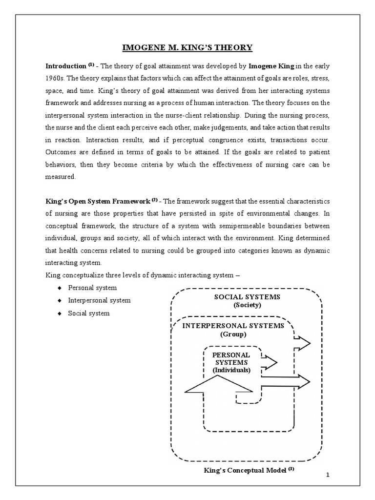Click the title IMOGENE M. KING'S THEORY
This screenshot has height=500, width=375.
187,47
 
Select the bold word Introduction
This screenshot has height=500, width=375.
66,65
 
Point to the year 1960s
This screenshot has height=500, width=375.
55,78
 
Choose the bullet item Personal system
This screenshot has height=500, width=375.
92,288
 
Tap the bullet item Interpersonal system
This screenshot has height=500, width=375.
99,300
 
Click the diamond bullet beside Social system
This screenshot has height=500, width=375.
59,313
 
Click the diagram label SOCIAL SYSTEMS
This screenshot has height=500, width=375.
247,297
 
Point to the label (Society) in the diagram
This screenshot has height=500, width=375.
247,305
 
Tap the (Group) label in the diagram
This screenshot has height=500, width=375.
233,334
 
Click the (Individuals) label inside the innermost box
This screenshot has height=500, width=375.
231,371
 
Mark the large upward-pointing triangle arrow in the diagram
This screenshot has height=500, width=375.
218,386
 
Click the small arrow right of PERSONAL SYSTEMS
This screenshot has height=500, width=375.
270,362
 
